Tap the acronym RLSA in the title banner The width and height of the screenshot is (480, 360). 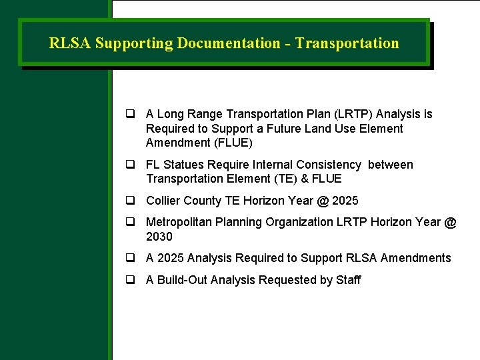pos(70,44)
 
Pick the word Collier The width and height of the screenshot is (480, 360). pos(163,201)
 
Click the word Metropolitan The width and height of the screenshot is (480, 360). pos(180,222)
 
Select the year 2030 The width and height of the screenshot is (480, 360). pos(159,237)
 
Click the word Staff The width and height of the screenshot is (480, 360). pos(348,280)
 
